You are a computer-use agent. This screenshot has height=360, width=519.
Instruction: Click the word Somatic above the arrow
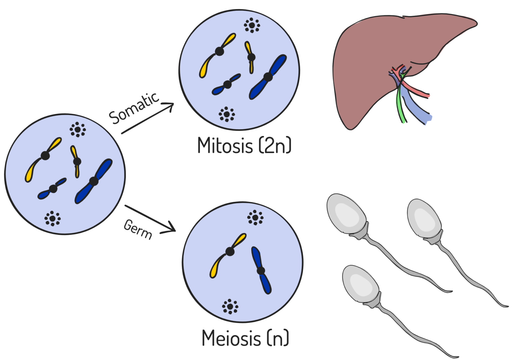(134, 108)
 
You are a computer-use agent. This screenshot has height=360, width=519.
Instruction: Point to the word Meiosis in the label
(231, 338)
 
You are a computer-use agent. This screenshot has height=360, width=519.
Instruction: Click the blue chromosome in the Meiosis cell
(261, 270)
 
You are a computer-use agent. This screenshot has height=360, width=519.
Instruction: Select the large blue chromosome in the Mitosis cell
(268, 77)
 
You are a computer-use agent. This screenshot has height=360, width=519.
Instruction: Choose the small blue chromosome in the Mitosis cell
(227, 85)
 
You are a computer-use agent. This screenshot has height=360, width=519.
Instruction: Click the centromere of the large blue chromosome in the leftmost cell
(94, 181)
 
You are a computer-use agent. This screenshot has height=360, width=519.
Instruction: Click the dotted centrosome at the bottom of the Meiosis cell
(230, 307)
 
